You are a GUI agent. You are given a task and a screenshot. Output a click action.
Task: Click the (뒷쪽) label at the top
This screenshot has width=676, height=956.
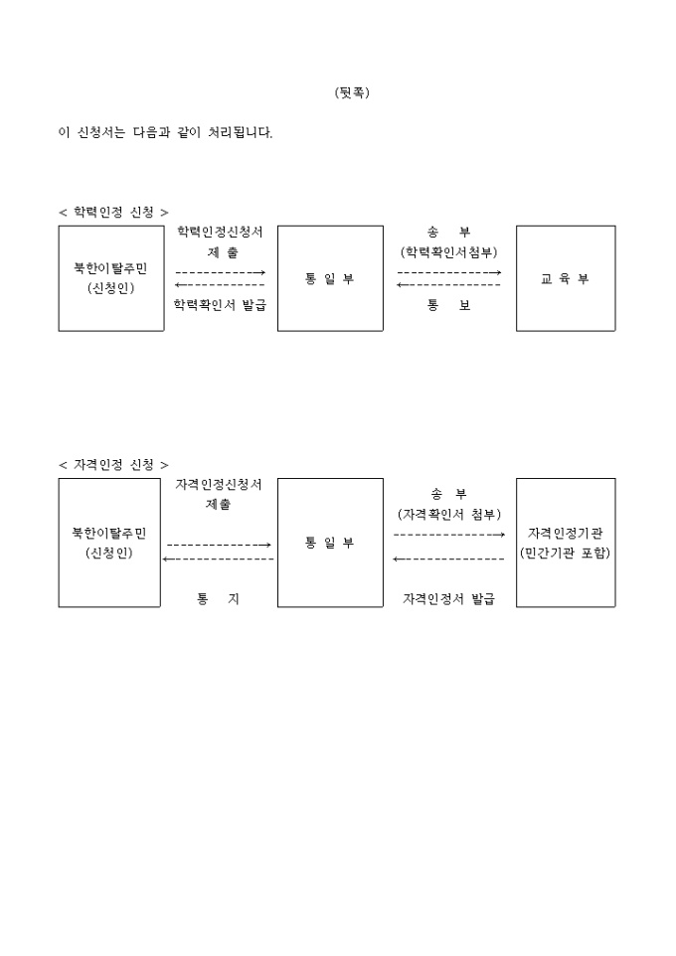pyautogui.click(x=352, y=92)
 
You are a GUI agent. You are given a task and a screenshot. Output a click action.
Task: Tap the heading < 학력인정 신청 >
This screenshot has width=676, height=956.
pyautogui.click(x=113, y=213)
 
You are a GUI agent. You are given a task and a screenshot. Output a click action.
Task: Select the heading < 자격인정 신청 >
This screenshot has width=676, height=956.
pyautogui.click(x=113, y=465)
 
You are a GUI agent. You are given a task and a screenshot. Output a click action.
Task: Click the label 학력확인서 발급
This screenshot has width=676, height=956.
pyautogui.click(x=221, y=305)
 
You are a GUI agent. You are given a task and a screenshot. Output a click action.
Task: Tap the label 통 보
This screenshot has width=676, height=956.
pyautogui.click(x=449, y=305)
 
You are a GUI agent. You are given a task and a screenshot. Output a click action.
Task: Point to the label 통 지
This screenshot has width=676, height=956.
pyautogui.click(x=218, y=599)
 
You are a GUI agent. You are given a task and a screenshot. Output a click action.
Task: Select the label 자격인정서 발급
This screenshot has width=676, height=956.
pyautogui.click(x=448, y=599)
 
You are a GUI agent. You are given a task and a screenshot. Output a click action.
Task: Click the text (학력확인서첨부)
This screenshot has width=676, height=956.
pyautogui.click(x=449, y=251)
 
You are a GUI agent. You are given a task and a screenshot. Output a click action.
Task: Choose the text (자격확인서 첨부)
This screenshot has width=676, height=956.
pyautogui.click(x=449, y=514)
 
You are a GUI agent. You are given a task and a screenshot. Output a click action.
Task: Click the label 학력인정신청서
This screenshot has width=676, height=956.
pyautogui.click(x=221, y=232)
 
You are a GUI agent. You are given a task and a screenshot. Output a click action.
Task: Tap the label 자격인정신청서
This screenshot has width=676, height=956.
pyautogui.click(x=219, y=485)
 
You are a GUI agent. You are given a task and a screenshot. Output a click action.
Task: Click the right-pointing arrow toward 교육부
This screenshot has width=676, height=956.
pyautogui.click(x=449, y=272)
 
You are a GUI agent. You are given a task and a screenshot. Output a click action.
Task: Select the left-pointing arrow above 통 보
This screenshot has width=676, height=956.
pyautogui.click(x=448, y=285)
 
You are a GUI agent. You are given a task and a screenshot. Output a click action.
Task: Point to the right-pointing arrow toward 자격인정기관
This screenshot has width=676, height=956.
pyautogui.click(x=449, y=535)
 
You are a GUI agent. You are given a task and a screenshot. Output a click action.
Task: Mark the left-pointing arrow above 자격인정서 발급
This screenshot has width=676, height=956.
pyautogui.click(x=448, y=559)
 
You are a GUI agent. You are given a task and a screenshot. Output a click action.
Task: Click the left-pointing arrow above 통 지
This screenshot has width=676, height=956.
pyautogui.click(x=218, y=559)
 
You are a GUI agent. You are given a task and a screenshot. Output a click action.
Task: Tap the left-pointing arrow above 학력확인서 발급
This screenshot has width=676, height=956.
pyautogui.click(x=220, y=285)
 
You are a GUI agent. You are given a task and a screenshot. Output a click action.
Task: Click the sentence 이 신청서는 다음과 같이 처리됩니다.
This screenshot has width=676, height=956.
pyautogui.click(x=165, y=132)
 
